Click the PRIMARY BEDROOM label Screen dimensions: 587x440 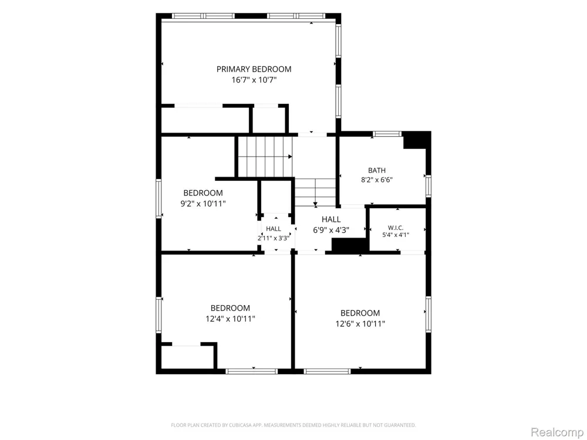coord(254,69)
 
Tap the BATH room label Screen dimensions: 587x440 coord(377,171)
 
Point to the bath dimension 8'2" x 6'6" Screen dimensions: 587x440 coord(377,180)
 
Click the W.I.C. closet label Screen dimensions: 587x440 coord(396,228)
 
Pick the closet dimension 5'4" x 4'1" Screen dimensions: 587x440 coord(396,235)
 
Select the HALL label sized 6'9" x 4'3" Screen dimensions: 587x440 coord(331,219)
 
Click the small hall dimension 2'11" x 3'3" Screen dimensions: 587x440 coord(274,238)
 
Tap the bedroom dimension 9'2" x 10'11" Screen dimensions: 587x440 coord(203,204)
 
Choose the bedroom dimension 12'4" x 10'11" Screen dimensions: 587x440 coord(230,319)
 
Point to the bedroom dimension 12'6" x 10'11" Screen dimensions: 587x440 coord(360,324)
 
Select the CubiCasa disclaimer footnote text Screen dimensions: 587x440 coord(293,425)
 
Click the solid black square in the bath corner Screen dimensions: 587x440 coord(415,141)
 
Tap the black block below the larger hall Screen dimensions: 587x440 coord(349,245)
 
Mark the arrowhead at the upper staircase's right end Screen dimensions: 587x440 coord(290,157)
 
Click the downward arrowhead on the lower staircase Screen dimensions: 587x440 coord(315,205)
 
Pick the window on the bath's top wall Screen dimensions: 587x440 coord(387,134)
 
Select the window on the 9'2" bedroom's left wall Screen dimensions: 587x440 coord(158,199)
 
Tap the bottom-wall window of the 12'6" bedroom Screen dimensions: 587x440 coord(327,371)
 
